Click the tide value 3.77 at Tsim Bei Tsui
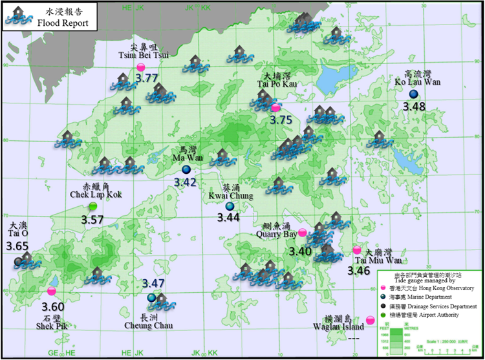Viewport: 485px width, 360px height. pyautogui.click(x=147, y=78)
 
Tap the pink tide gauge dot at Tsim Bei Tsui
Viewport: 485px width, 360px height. pyautogui.click(x=141, y=67)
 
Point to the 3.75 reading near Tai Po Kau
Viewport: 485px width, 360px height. pyautogui.click(x=281, y=120)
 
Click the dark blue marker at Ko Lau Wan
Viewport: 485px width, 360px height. pyautogui.click(x=413, y=94)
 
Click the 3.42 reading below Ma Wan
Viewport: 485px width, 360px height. pyautogui.click(x=185, y=182)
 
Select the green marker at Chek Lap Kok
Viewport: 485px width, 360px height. pyautogui.click(x=93, y=206)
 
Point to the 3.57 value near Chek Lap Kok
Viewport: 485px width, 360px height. pyautogui.click(x=92, y=220)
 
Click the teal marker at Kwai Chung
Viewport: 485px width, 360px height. pyautogui.click(x=230, y=206)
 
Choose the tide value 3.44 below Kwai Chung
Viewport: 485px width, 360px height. pyautogui.click(x=228, y=218)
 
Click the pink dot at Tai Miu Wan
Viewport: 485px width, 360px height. pyautogui.click(x=356, y=250)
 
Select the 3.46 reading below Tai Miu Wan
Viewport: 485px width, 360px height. pyautogui.click(x=359, y=271)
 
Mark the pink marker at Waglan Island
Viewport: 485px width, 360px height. pyautogui.click(x=370, y=319)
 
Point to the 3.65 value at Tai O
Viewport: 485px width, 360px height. pyautogui.click(x=17, y=246)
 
